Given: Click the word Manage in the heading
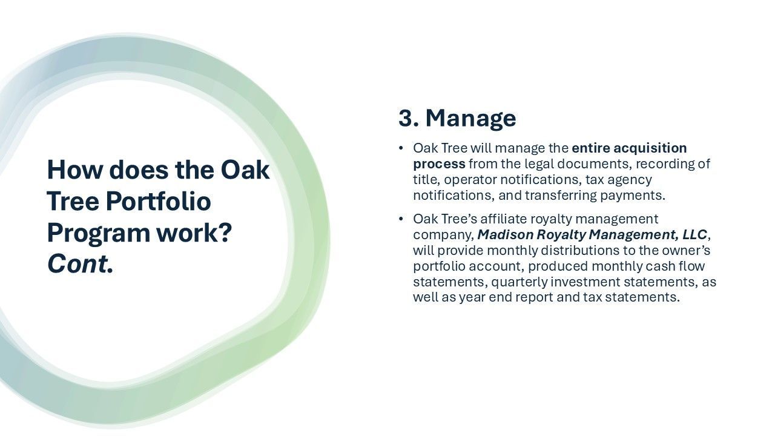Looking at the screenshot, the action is (x=470, y=119).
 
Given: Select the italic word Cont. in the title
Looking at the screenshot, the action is (x=81, y=264).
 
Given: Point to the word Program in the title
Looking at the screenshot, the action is (x=99, y=234).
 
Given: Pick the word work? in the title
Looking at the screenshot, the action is (x=194, y=233).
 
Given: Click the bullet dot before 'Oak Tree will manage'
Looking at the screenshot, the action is (x=401, y=148).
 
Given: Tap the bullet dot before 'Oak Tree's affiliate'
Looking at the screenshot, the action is (x=401, y=219).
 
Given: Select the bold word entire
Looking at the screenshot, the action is (x=591, y=148).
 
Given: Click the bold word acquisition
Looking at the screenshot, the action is (x=650, y=148).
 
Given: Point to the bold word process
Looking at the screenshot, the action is (x=439, y=164).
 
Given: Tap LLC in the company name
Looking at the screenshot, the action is (x=694, y=234).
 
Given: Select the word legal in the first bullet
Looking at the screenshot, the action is (x=539, y=164).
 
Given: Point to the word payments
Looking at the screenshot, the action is (x=633, y=196).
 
